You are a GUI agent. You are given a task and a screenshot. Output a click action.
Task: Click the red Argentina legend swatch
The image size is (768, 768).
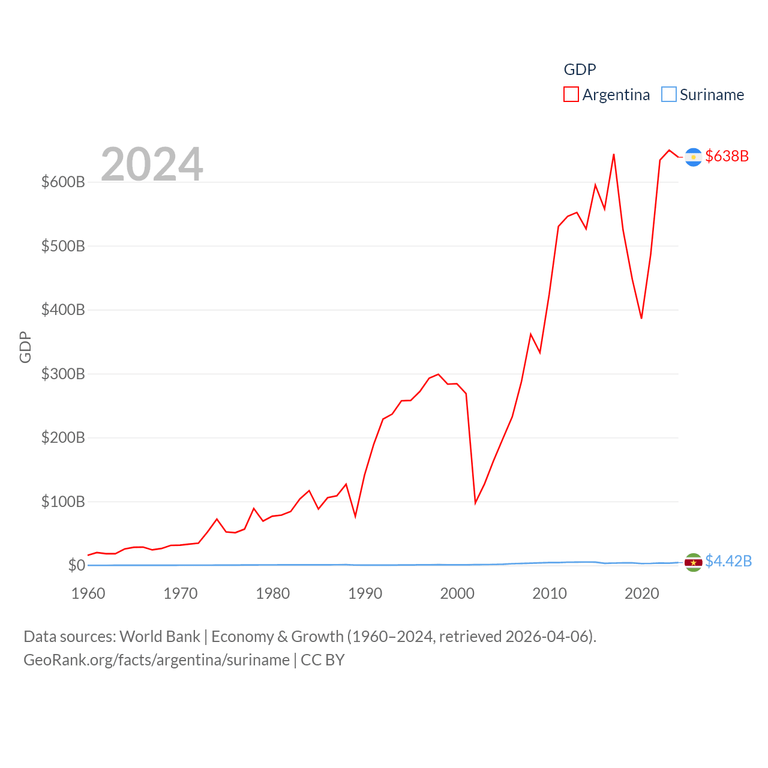click(571, 95)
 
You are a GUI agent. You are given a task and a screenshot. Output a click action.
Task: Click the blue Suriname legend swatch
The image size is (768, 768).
click(669, 95)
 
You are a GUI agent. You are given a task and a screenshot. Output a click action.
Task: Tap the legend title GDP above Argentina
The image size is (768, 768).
click(580, 70)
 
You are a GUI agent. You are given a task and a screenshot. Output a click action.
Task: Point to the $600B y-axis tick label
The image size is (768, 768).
click(63, 182)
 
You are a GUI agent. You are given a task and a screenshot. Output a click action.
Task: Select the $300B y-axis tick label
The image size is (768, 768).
click(63, 374)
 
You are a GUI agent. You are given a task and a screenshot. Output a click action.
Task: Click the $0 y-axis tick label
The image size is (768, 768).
click(76, 565)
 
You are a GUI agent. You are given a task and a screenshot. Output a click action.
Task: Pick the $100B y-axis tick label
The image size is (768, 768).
click(63, 502)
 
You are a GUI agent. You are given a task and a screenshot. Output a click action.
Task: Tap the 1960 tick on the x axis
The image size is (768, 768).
click(88, 593)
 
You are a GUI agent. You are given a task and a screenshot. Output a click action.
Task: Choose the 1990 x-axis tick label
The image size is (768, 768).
click(365, 593)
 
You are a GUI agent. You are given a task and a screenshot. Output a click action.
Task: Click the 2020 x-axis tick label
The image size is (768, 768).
click(642, 593)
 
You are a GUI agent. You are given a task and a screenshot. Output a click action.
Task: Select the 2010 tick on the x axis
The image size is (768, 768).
click(550, 593)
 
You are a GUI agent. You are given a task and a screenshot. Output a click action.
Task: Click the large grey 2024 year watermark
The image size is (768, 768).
click(152, 164)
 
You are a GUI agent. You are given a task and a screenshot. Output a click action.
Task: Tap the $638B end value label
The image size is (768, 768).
click(727, 156)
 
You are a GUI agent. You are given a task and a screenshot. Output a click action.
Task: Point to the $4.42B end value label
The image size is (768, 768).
click(728, 561)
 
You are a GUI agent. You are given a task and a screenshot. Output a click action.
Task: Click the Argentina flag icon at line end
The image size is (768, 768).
click(694, 157)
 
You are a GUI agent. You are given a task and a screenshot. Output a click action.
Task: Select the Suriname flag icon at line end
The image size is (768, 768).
click(694, 562)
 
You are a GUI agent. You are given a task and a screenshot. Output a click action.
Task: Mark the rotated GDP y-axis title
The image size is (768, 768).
click(25, 347)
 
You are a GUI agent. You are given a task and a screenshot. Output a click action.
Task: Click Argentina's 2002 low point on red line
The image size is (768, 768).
click(475, 502)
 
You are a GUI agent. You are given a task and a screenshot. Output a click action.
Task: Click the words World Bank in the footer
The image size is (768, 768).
click(160, 636)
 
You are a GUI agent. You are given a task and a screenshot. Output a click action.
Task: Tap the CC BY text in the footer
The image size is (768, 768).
click(323, 660)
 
